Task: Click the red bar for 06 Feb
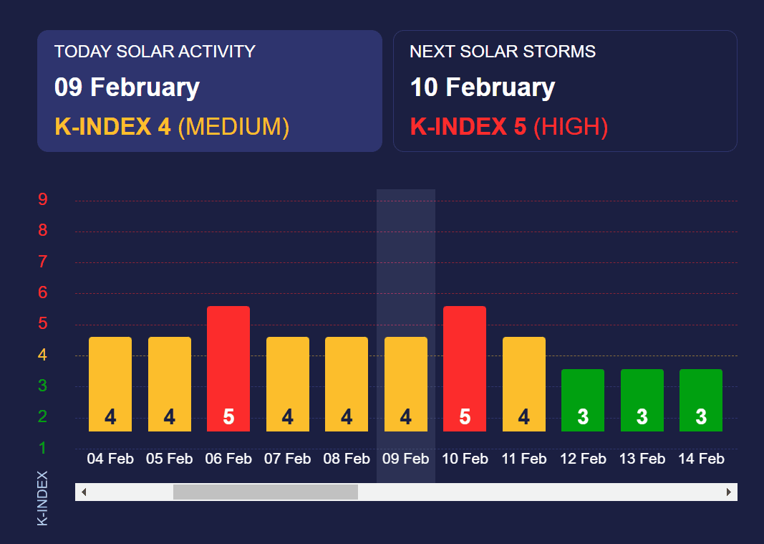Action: pos(228,369)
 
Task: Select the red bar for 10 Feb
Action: pos(465,369)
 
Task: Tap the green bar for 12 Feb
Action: pos(583,400)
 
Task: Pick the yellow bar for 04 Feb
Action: pos(110,384)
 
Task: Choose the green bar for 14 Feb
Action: pos(701,400)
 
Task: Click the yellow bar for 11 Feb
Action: pos(524,384)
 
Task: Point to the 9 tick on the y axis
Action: pos(43,199)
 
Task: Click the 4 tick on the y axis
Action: pos(43,354)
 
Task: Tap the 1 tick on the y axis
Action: pos(43,447)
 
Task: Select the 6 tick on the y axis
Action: pos(43,292)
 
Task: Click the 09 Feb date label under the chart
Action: pos(405,459)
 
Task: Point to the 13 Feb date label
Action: pos(642,459)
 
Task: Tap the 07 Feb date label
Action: pos(287,459)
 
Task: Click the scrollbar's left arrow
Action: pos(84,492)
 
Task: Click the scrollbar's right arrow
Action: pos(728,492)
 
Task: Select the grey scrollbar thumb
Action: pos(266,492)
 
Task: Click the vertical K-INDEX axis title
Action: pos(42,498)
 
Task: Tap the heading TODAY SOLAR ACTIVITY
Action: pos(155,51)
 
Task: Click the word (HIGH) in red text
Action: pos(571,127)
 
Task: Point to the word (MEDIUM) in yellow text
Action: pos(233,127)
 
